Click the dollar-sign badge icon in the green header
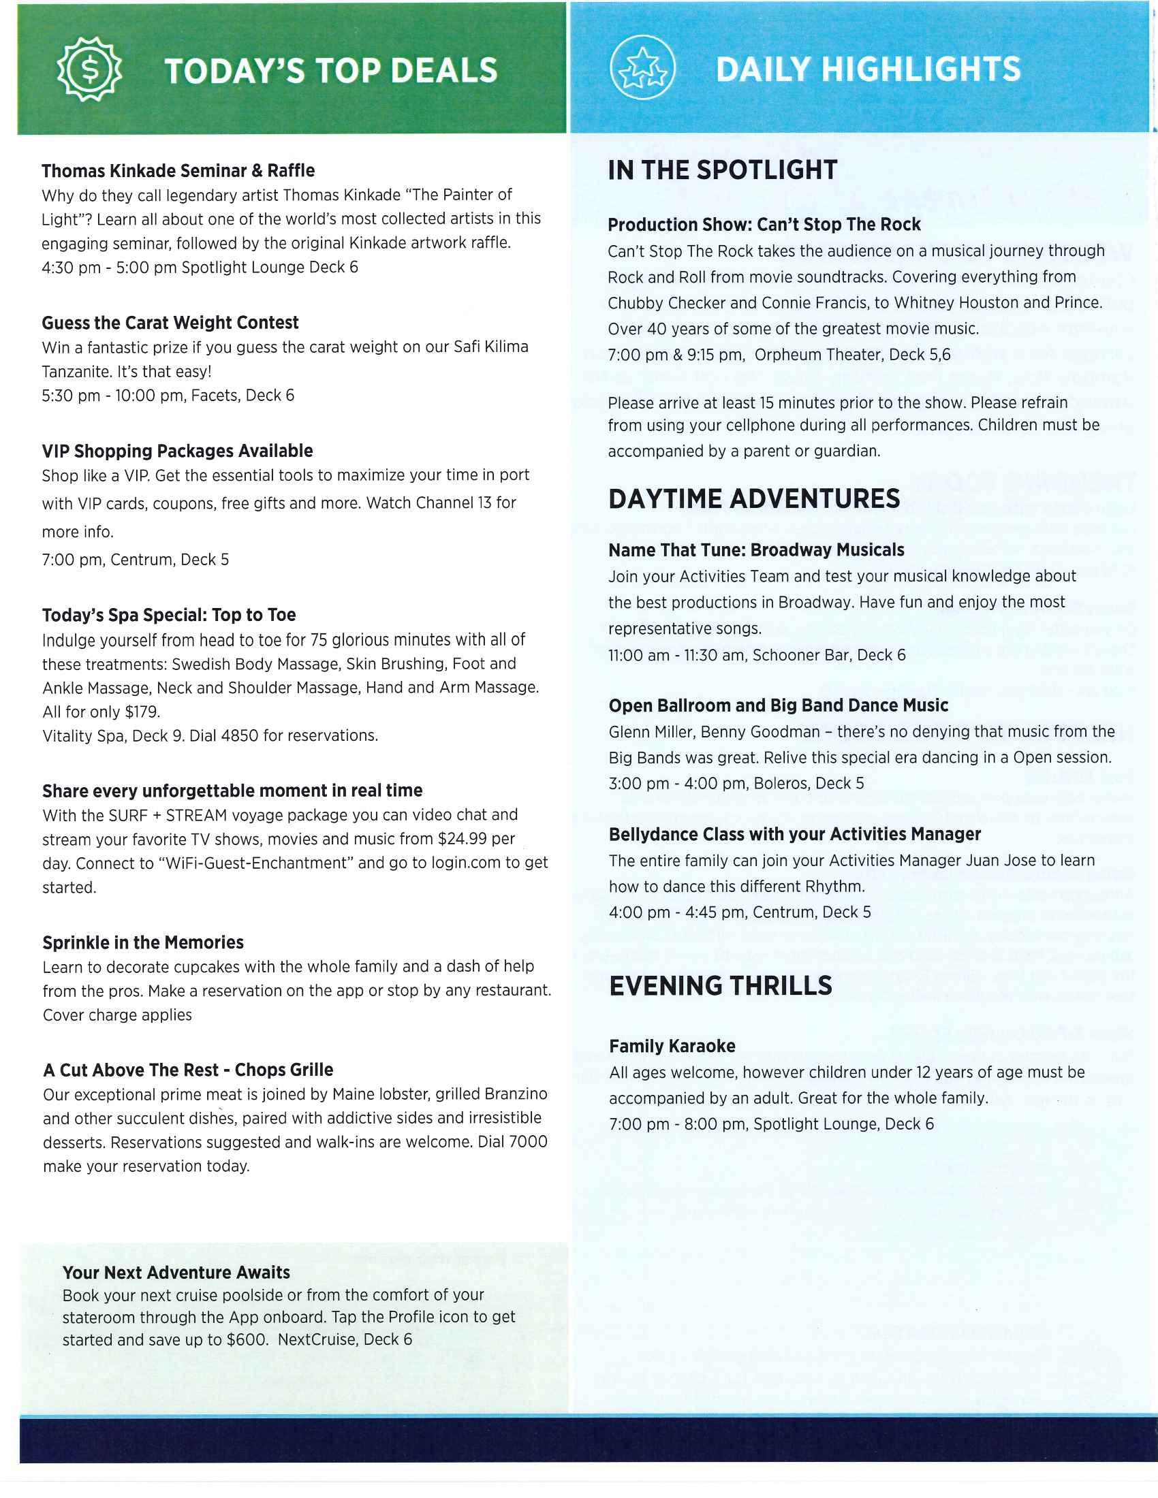point(89,69)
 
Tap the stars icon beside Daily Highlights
point(642,69)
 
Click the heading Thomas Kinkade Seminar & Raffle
point(178,171)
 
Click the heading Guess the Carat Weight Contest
point(170,323)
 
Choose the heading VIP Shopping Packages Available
point(177,451)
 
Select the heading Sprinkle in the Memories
point(142,942)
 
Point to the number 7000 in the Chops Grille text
point(528,1142)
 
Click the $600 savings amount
point(247,1339)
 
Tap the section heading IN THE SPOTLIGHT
point(722,170)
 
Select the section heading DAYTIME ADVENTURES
point(754,498)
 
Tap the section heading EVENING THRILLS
point(720,986)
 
